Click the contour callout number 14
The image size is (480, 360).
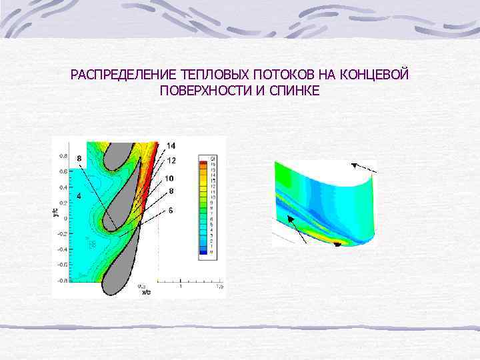(171, 145)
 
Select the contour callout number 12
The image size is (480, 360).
(171, 161)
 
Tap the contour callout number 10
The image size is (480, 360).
(169, 178)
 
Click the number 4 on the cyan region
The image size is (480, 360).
(79, 196)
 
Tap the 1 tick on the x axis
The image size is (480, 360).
(181, 287)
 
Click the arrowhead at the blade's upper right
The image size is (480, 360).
(354, 164)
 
